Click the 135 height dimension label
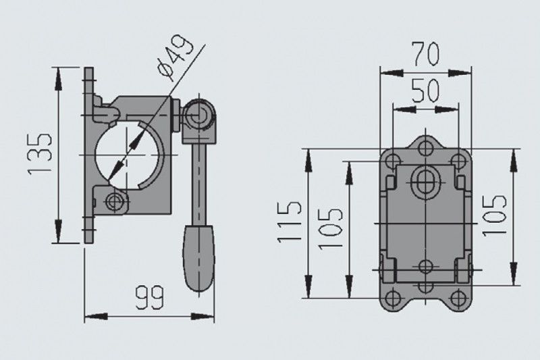(x=40, y=153)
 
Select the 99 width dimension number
(x=149, y=297)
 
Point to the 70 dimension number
(x=427, y=53)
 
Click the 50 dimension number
(x=426, y=91)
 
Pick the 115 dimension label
(x=290, y=222)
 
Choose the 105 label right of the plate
(x=494, y=215)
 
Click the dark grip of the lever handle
(x=198, y=257)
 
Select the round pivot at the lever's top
(x=198, y=115)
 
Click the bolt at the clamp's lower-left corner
(x=113, y=201)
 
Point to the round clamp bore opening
(x=128, y=155)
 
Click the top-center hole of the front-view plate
(x=426, y=149)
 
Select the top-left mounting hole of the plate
(x=393, y=161)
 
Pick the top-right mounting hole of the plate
(x=458, y=161)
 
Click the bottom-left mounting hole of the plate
(x=393, y=299)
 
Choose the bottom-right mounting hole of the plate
(x=458, y=299)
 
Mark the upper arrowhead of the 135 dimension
(x=58, y=79)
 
